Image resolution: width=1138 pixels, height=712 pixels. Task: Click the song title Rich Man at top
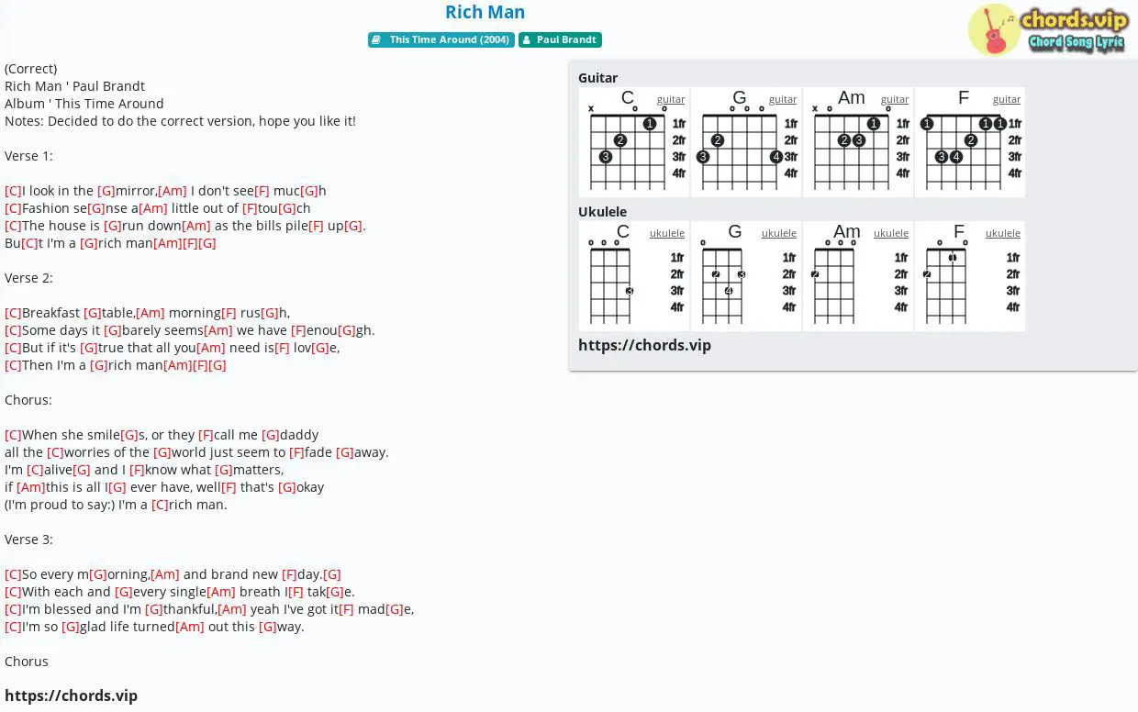(485, 12)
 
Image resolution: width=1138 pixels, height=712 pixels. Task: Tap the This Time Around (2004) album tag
(441, 39)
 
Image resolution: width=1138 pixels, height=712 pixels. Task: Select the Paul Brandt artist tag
(560, 39)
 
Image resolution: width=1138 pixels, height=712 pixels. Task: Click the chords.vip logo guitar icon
(993, 30)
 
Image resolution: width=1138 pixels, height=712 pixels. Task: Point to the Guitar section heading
(598, 78)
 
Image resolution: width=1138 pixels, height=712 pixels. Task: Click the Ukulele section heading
(603, 211)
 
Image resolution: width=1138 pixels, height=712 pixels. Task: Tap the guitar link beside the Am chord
(895, 99)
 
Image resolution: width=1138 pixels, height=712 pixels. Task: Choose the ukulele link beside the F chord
(1003, 233)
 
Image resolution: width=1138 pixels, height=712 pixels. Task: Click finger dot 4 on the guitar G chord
(775, 156)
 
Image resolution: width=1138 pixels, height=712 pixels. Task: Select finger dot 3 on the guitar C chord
(605, 156)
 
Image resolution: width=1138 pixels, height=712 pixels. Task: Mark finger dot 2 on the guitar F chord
(971, 140)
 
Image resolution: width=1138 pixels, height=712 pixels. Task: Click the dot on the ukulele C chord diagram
(630, 291)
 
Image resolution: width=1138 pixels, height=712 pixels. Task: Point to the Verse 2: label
(28, 278)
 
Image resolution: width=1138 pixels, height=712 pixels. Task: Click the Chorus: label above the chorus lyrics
(28, 400)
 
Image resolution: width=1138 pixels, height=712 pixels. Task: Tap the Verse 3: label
(28, 540)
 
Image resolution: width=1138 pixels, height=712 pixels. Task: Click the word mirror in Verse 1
(135, 191)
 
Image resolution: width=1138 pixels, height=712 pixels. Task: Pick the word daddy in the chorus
(299, 435)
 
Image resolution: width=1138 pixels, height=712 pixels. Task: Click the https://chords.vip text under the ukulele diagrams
(644, 345)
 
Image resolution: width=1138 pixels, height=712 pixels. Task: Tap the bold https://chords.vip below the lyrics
(72, 695)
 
